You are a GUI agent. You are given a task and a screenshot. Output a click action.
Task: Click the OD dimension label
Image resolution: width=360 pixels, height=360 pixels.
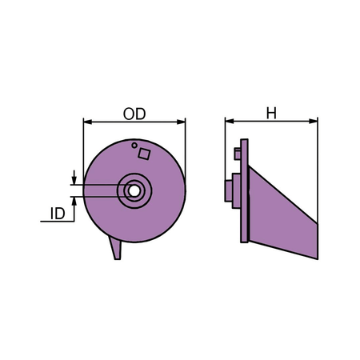tap(134, 114)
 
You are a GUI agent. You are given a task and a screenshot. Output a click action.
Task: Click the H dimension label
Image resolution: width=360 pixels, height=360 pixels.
tap(271, 113)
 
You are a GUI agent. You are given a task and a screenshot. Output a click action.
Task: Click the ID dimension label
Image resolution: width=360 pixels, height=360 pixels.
tap(58, 214)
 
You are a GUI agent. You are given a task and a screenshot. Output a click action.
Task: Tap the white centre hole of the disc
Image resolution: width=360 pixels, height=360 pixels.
tap(134, 190)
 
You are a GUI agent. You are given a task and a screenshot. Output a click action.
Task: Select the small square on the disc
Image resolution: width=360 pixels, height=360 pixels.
tap(144, 154)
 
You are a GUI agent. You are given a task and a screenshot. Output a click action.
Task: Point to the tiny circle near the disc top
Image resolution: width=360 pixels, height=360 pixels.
tap(134, 146)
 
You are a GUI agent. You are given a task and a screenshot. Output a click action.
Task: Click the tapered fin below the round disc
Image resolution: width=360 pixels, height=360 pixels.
tap(115, 248)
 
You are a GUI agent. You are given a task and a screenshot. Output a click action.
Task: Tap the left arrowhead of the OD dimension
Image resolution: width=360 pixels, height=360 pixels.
tap(88, 122)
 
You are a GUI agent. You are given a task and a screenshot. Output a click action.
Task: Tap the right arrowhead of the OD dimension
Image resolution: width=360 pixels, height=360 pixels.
tap(181, 122)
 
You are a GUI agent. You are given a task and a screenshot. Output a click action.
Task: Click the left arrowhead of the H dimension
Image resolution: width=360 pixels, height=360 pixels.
tap(230, 122)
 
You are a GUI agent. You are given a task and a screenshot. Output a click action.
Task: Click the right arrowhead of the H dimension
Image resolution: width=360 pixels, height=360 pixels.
tap(314, 122)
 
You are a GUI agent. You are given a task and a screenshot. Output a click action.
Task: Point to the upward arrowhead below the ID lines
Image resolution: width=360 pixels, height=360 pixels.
tap(74, 202)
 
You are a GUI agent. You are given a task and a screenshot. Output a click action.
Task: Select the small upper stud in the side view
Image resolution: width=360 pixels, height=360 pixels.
tap(238, 154)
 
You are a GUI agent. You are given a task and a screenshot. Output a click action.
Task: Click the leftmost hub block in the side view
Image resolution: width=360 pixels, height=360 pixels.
tap(229, 191)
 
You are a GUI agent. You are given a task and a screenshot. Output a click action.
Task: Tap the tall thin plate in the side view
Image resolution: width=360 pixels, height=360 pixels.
tap(244, 190)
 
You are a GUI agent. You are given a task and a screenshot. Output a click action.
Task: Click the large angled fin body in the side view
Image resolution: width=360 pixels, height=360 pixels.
tap(283, 213)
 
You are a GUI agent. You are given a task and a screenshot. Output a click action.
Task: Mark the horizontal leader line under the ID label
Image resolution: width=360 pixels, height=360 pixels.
tap(57, 222)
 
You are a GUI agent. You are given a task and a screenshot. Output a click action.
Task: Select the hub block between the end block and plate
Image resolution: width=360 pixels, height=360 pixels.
tap(236, 190)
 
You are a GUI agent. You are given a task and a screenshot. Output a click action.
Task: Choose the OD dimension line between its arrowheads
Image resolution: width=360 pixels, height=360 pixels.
tap(134, 122)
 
